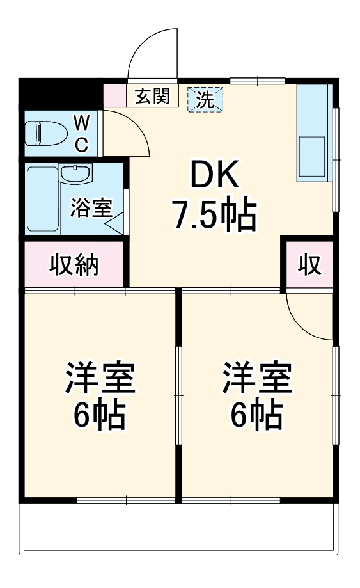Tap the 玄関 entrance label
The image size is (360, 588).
click(152, 97)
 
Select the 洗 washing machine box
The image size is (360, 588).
click(205, 99)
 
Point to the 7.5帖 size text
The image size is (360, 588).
click(213, 216)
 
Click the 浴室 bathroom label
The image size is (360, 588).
click(91, 208)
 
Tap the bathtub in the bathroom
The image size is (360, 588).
click(43, 200)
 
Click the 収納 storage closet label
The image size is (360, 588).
click(75, 264)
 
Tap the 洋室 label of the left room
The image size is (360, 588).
click(100, 379)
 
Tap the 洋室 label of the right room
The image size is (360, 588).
click(257, 379)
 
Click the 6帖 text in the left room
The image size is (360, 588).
click(100, 416)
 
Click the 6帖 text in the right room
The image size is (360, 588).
click(257, 416)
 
